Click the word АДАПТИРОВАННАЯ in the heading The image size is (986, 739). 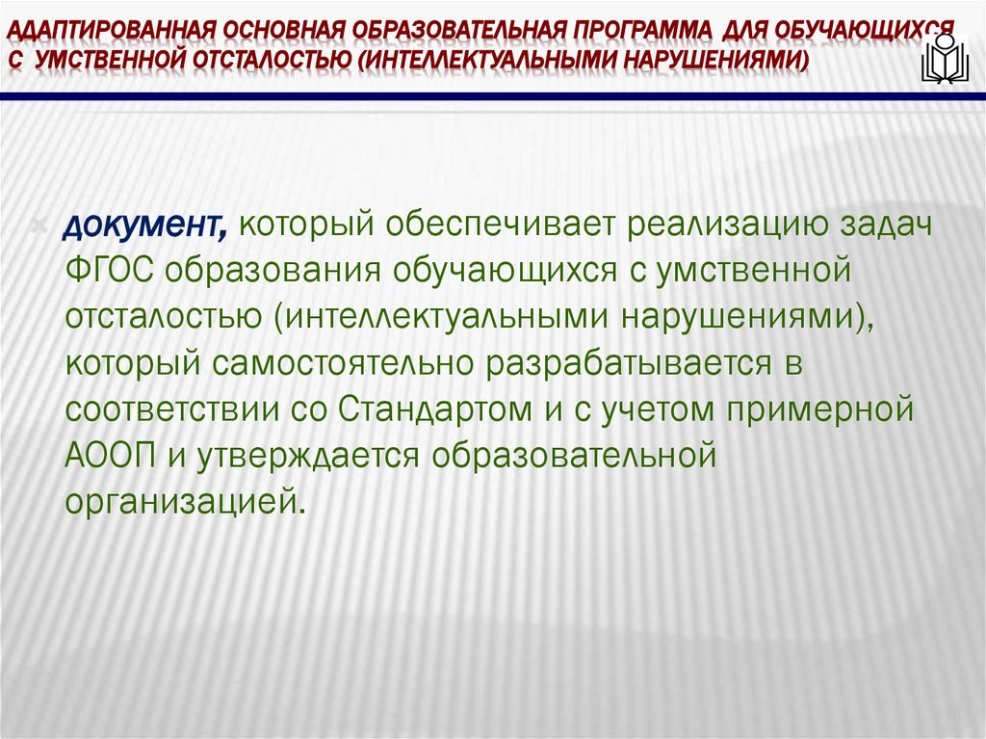(91, 23)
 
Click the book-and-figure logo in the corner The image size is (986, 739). (943, 59)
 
